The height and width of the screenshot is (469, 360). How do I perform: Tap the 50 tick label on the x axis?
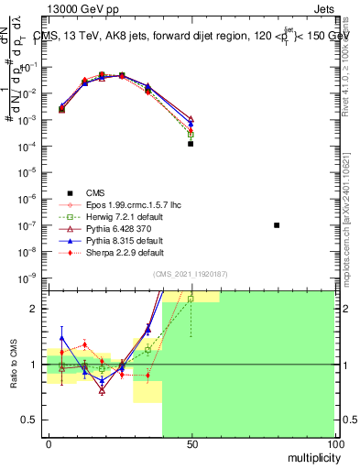coord(191,443)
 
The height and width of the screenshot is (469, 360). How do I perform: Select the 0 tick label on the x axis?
coord(49,443)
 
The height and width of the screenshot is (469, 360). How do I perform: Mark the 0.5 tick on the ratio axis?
coord(33,420)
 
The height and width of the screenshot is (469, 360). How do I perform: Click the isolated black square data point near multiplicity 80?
coord(277,225)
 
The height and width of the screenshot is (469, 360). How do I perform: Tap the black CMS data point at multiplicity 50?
coord(191,144)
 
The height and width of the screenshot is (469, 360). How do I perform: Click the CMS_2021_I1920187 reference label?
coord(191,274)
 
